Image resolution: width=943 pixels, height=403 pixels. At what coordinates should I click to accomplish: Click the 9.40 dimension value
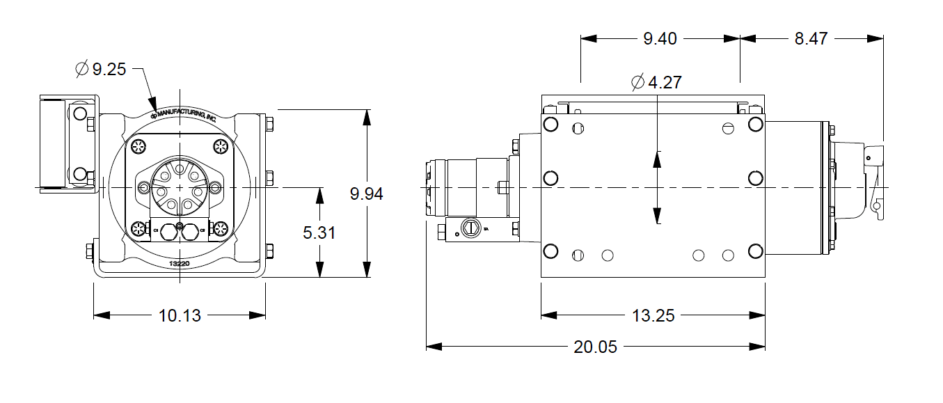click(660, 39)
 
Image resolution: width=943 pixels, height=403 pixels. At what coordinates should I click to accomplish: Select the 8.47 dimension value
click(811, 39)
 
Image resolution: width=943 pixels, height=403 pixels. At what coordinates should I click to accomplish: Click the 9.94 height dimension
click(366, 194)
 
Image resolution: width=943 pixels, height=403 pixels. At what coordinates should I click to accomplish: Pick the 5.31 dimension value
click(319, 232)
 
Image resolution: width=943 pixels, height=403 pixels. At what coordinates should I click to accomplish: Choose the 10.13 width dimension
click(180, 316)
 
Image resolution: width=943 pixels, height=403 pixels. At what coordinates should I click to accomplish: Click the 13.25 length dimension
click(653, 316)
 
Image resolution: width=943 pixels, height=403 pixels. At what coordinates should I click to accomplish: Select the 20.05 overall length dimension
click(595, 346)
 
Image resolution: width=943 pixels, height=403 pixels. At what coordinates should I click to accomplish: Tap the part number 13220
click(180, 264)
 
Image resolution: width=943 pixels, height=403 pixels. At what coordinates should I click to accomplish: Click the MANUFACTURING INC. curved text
click(185, 115)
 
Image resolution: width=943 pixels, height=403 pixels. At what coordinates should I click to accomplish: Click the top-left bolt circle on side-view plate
click(550, 125)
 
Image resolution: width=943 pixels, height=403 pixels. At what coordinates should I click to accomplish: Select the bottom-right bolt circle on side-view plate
click(755, 251)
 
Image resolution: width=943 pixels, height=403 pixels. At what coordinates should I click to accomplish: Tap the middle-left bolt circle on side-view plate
click(550, 178)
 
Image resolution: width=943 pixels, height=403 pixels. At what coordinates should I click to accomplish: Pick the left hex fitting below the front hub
click(170, 233)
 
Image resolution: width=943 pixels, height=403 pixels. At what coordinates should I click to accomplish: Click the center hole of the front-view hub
click(180, 188)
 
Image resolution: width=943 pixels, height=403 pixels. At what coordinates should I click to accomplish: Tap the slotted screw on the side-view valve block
click(472, 228)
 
